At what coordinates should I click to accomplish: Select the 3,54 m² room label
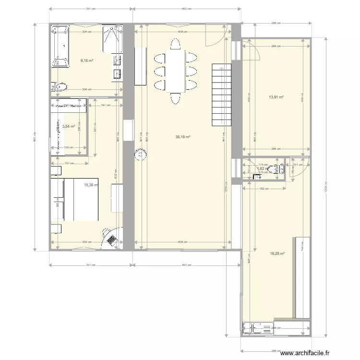coord(69,127)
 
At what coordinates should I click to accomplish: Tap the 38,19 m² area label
coord(183,137)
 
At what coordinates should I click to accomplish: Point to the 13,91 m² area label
coord(276,96)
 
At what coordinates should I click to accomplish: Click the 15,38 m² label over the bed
coord(91,185)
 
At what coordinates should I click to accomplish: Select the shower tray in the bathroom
coord(112,38)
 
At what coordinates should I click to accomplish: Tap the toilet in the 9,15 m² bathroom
coord(60,86)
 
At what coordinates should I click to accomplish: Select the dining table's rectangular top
coord(176,71)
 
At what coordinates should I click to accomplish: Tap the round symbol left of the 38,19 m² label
coord(140,155)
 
